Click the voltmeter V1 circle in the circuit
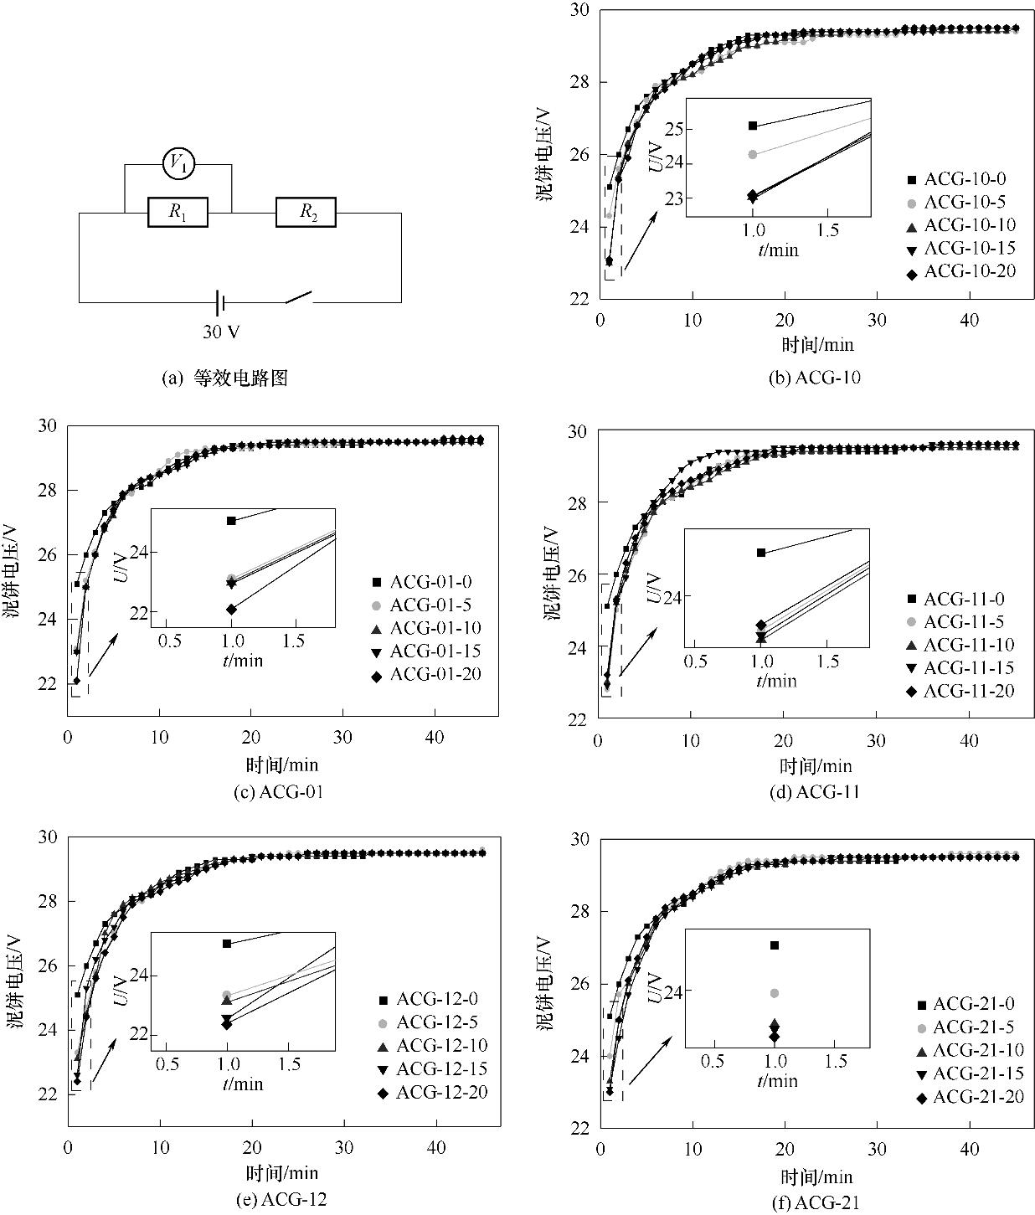(x=178, y=164)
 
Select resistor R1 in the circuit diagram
(x=178, y=213)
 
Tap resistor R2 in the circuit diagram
(x=306, y=213)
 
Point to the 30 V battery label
(x=221, y=332)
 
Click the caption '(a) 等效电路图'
(x=224, y=378)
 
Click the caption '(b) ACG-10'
(x=814, y=378)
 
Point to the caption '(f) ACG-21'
(x=815, y=1203)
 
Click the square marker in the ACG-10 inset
(x=753, y=126)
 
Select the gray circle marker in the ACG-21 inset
(x=775, y=993)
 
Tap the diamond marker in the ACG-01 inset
(x=231, y=609)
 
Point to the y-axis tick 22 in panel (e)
(x=51, y=1094)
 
